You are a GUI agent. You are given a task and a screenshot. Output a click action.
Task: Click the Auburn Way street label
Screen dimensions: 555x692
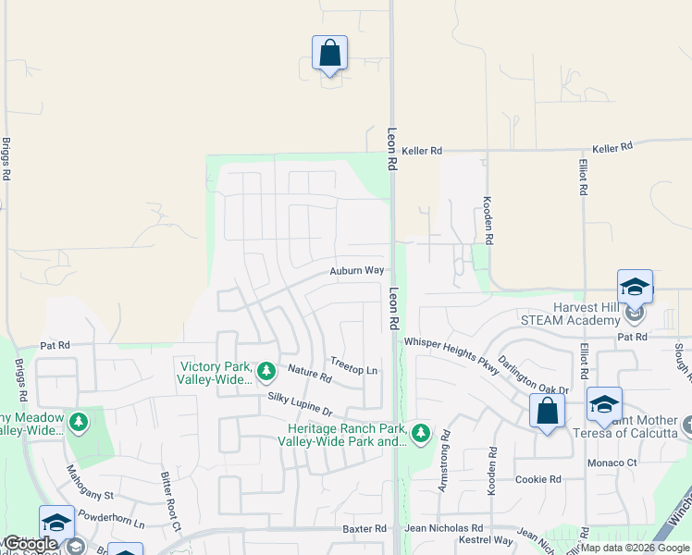[356, 271]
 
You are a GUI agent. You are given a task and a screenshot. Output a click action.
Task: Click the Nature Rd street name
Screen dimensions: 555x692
[309, 374]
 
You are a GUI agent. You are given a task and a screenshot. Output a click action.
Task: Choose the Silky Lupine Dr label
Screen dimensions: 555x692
[300, 403]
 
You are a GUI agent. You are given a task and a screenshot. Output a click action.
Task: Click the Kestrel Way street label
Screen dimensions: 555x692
[491, 540]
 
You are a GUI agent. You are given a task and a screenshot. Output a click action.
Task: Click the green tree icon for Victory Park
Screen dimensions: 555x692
[266, 372]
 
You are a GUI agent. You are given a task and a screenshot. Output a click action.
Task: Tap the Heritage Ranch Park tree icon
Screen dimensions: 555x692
[421, 433]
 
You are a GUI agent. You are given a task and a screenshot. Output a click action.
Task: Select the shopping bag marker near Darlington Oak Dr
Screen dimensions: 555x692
[547, 411]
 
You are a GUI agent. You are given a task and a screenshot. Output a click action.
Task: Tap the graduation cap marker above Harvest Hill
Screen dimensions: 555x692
[635, 288]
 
